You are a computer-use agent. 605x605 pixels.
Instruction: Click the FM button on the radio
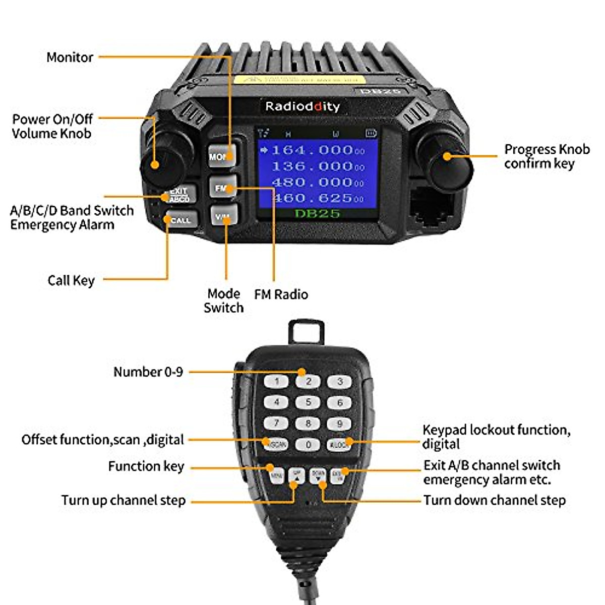tap(222, 188)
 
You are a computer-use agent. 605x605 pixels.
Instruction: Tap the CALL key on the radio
tap(180, 220)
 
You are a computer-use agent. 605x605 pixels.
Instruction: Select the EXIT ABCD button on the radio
tap(178, 195)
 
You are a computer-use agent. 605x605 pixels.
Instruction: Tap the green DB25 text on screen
tap(317, 213)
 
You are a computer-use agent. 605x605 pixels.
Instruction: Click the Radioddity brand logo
tap(302, 106)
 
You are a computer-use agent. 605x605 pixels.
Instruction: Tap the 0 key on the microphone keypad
tap(308, 445)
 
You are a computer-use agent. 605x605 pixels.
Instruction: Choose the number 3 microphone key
tap(340, 382)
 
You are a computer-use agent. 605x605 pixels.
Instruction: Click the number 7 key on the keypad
tap(276, 423)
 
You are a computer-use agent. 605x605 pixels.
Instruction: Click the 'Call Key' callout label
tap(71, 280)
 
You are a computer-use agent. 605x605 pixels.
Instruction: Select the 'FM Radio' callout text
tap(281, 294)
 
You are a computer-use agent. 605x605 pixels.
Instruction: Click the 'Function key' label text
tap(146, 466)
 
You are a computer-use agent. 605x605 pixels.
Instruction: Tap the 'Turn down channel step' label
tap(494, 500)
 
